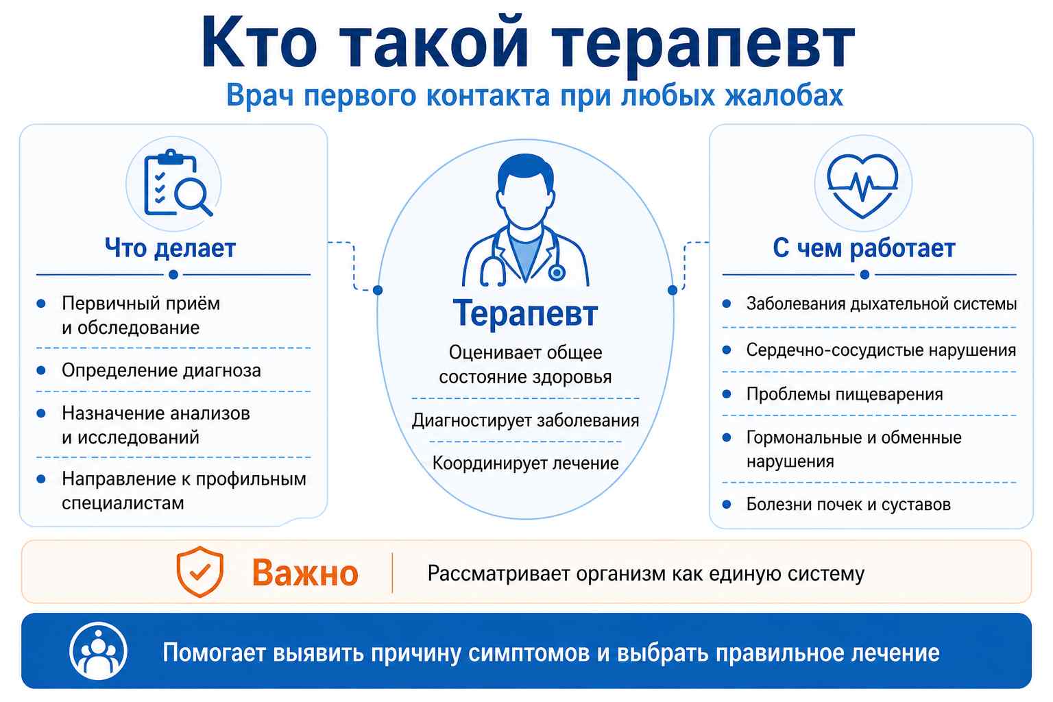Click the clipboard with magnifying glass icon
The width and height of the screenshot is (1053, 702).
click(x=176, y=183)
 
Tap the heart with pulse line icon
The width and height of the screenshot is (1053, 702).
click(x=862, y=185)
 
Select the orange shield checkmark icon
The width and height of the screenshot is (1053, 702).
click(x=199, y=571)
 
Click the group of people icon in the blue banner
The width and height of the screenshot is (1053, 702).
click(x=98, y=651)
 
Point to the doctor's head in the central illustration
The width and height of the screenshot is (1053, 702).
click(x=526, y=191)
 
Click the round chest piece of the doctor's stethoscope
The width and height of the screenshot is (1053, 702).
click(x=557, y=272)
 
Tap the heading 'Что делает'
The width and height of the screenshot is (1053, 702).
click(x=170, y=248)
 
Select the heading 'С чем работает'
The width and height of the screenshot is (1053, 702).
click(x=864, y=248)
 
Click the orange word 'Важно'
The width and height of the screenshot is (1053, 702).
click(x=305, y=572)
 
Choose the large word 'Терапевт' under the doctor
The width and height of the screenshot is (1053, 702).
click(x=526, y=313)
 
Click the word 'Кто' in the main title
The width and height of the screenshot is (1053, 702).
click(x=259, y=43)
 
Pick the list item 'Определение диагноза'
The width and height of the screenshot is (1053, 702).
click(x=161, y=370)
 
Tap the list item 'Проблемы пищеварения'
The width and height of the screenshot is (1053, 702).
click(x=845, y=394)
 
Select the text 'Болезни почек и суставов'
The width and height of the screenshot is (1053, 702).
click(x=849, y=504)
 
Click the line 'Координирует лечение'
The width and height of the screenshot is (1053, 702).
click(x=526, y=463)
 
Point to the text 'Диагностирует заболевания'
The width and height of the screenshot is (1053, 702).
click(x=526, y=420)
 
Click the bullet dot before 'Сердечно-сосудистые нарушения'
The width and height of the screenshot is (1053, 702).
click(x=727, y=350)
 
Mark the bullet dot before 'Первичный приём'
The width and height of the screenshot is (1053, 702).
click(x=41, y=303)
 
